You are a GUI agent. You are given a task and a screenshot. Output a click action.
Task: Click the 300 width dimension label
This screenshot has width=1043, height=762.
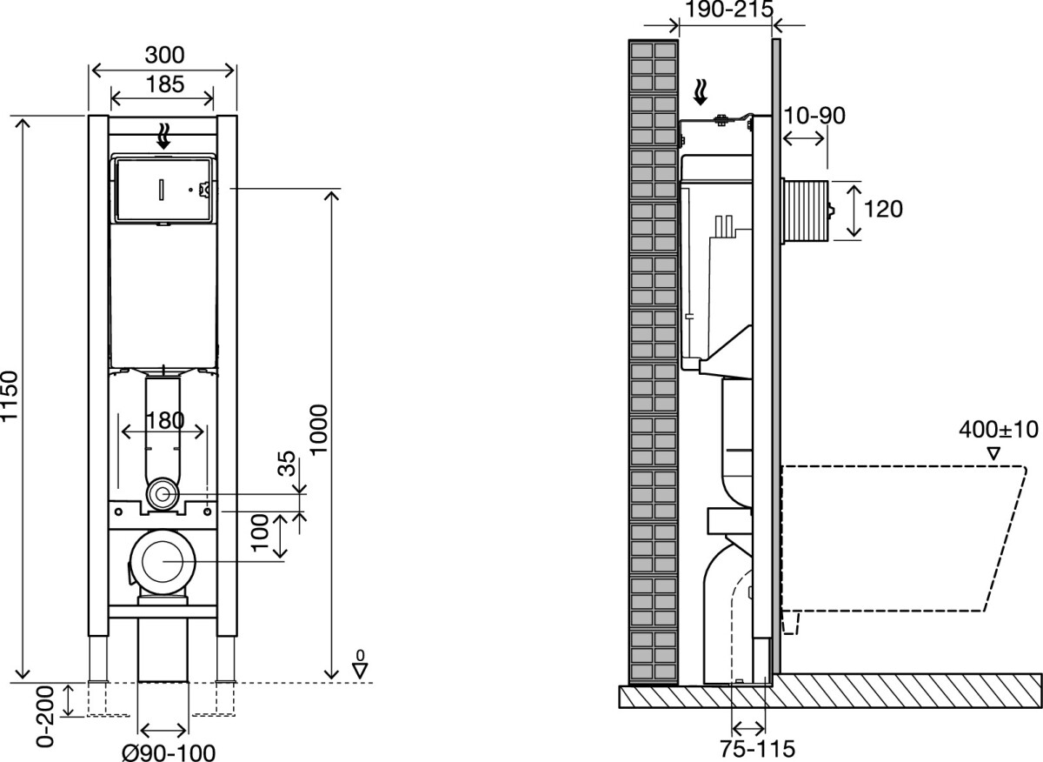click(x=165, y=55)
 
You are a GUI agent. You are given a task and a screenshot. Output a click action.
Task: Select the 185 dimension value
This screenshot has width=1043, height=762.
click(x=165, y=84)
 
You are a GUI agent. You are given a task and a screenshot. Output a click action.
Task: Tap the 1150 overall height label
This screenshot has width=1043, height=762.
click(x=10, y=396)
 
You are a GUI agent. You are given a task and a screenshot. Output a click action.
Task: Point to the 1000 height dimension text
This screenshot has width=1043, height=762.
click(x=320, y=429)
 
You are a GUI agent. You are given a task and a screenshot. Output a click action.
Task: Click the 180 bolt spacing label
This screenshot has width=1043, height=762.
click(x=165, y=421)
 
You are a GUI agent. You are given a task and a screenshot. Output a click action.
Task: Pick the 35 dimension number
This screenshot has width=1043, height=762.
click(x=287, y=463)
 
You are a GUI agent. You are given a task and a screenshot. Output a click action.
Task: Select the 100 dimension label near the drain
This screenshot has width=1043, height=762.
click(x=261, y=532)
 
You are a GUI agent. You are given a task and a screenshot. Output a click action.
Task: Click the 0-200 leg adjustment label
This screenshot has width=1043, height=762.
click(x=45, y=716)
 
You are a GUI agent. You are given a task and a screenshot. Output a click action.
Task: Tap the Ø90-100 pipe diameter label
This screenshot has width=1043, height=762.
click(x=169, y=752)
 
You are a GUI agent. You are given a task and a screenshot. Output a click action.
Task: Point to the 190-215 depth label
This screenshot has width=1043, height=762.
click(x=730, y=9)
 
